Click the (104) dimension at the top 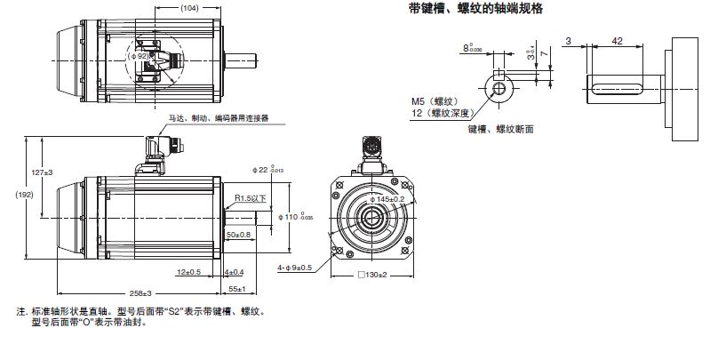click(x=188, y=7)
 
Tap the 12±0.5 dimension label click(x=188, y=271)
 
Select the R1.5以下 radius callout click(x=251, y=198)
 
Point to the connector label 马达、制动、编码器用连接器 click(x=218, y=117)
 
